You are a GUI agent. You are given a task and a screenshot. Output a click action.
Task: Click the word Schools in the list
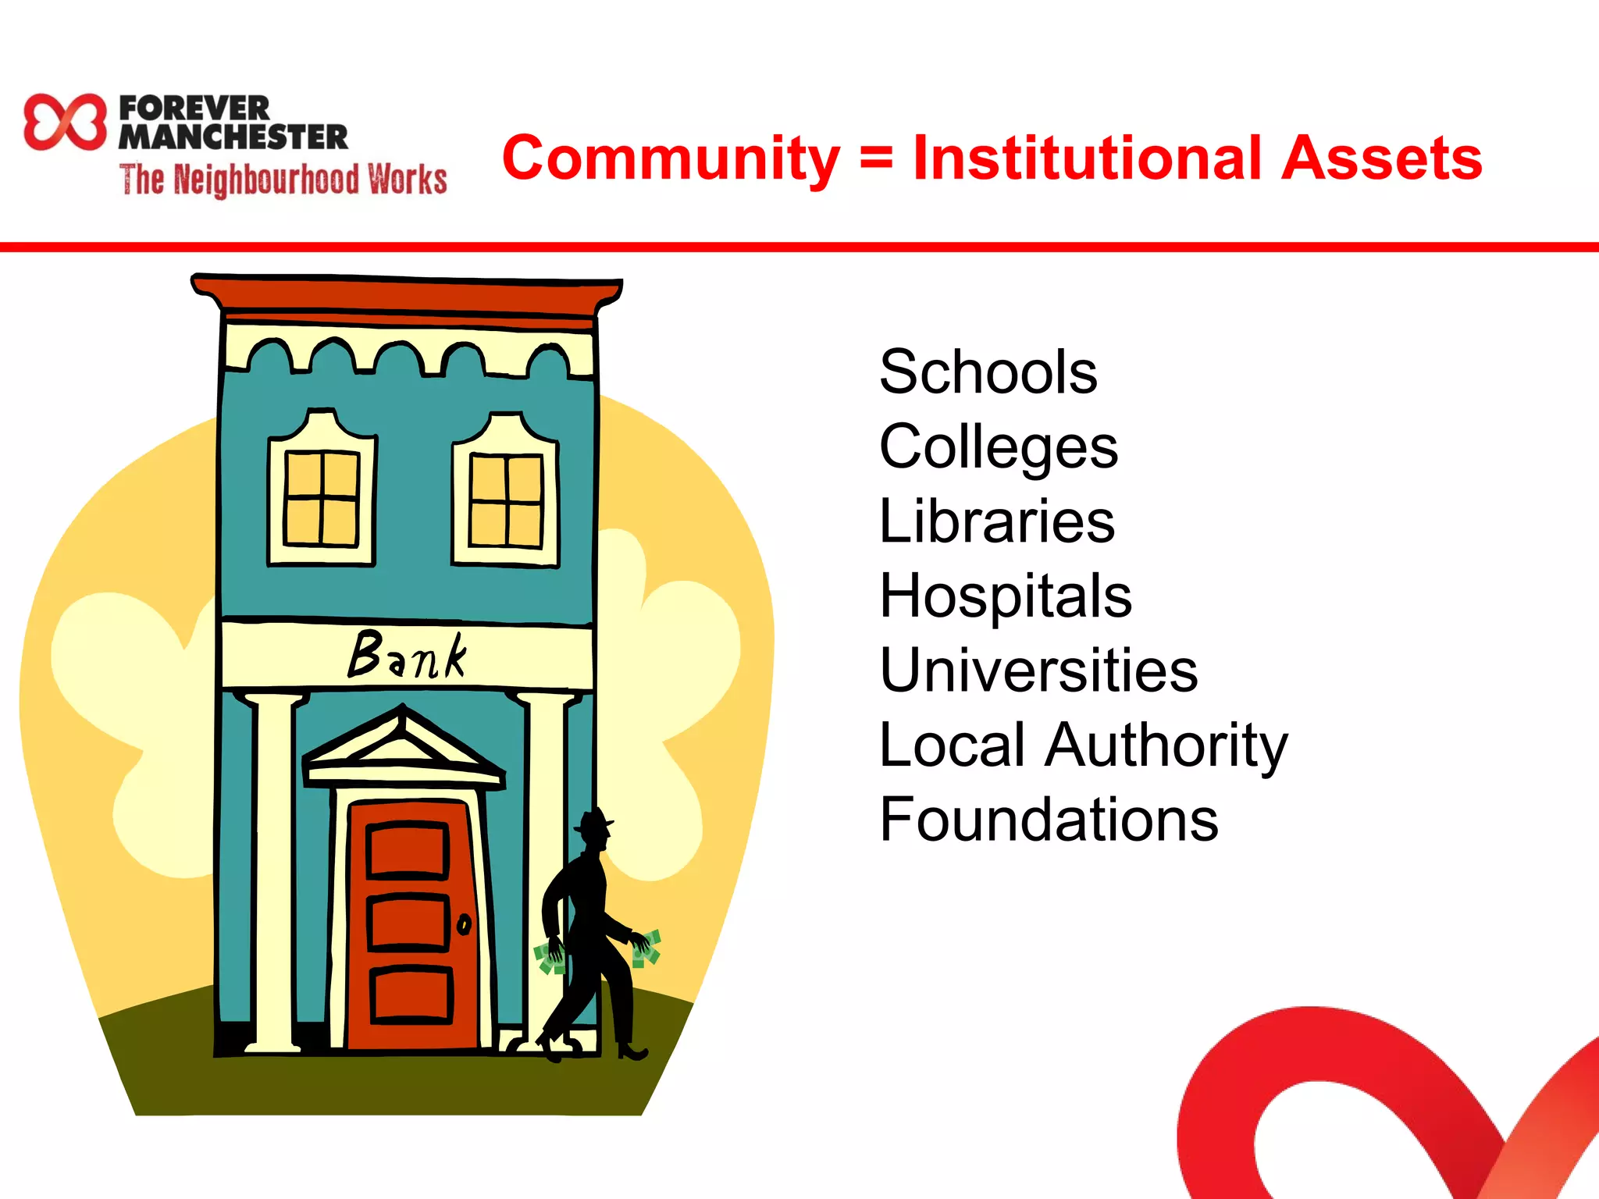click(x=988, y=372)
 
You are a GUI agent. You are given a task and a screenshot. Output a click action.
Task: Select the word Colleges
click(x=999, y=447)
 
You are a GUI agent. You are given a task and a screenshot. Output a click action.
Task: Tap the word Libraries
click(x=997, y=521)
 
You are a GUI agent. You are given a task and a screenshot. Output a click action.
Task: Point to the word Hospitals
click(x=1005, y=596)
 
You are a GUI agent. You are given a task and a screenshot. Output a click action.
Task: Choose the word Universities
click(x=1038, y=671)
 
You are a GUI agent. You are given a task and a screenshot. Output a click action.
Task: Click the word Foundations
click(x=1049, y=820)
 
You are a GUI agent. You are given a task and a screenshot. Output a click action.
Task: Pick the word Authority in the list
click(x=1166, y=745)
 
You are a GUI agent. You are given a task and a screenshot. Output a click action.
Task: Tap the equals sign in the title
click(x=876, y=158)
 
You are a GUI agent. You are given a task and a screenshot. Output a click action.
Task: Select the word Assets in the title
click(x=1382, y=158)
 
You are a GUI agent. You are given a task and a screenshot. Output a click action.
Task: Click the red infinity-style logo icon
click(x=65, y=122)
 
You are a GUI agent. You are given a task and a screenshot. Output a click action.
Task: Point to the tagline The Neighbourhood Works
click(x=283, y=180)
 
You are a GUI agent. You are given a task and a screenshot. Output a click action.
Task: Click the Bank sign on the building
click(x=407, y=655)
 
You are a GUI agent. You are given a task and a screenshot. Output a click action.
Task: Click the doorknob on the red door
click(x=464, y=925)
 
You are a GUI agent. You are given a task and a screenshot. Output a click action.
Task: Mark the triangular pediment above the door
click(x=403, y=746)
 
